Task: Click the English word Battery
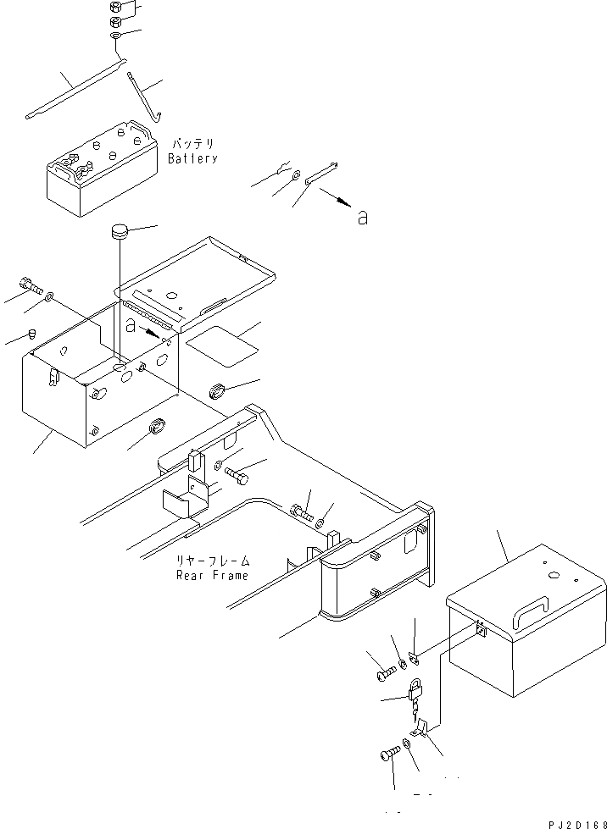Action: point(192,158)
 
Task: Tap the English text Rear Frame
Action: point(212,576)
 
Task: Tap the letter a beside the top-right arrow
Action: point(363,218)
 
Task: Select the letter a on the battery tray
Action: point(130,324)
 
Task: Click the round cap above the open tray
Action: point(117,231)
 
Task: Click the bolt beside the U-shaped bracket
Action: point(237,478)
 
